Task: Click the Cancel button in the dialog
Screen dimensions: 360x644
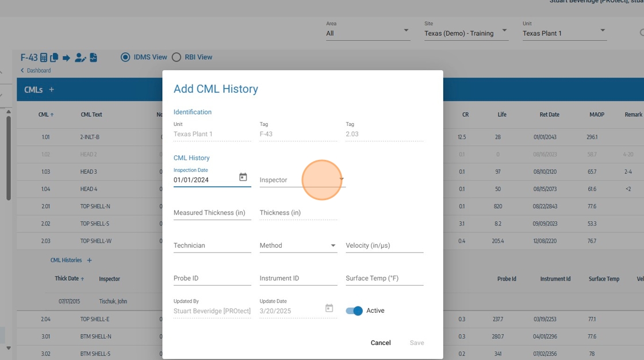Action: tap(380, 343)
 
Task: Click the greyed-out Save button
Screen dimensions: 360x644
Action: tap(417, 343)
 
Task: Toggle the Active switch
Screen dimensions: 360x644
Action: tap(355, 311)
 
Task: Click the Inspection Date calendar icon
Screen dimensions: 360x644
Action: tap(243, 178)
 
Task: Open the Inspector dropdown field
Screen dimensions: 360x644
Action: tap(302, 180)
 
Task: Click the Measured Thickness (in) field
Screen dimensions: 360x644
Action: tap(212, 213)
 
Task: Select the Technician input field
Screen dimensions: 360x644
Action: tap(212, 246)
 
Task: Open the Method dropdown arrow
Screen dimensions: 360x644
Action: tap(333, 246)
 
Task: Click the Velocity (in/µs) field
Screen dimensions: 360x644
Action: tap(384, 246)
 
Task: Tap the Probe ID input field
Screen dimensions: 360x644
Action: tap(212, 278)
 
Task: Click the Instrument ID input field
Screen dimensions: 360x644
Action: tap(298, 278)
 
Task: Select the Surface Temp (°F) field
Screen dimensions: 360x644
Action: tap(384, 278)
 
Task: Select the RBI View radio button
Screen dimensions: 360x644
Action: tap(177, 58)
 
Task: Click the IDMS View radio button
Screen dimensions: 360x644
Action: tap(125, 58)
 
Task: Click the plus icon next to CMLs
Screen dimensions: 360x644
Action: tap(51, 90)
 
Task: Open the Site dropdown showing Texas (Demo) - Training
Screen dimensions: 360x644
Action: tap(466, 33)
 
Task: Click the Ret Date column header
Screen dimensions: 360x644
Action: tap(549, 114)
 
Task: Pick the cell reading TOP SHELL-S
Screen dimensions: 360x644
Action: tap(95, 224)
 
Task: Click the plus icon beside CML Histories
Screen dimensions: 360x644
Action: tap(89, 261)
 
